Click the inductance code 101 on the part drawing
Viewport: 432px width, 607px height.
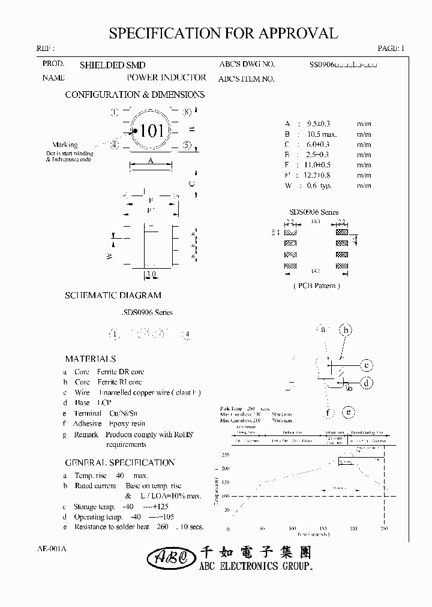tap(152, 131)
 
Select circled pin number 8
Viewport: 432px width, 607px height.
tap(187, 112)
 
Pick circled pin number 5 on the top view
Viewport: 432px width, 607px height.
tap(187, 145)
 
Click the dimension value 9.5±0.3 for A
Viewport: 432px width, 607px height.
tap(318, 124)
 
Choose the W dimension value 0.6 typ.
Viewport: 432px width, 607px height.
tap(319, 186)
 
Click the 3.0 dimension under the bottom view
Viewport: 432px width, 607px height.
tap(151, 275)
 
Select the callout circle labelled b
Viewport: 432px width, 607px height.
tap(346, 329)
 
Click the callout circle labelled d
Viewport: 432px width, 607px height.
tap(367, 382)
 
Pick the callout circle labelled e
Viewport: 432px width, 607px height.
tap(348, 412)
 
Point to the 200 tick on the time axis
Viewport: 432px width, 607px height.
tap(353, 529)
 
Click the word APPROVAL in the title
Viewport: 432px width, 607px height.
tap(296, 34)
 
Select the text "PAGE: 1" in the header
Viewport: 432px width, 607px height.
tap(392, 49)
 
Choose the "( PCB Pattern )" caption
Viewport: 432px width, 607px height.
tap(316, 286)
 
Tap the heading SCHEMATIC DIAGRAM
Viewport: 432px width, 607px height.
tap(113, 295)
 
